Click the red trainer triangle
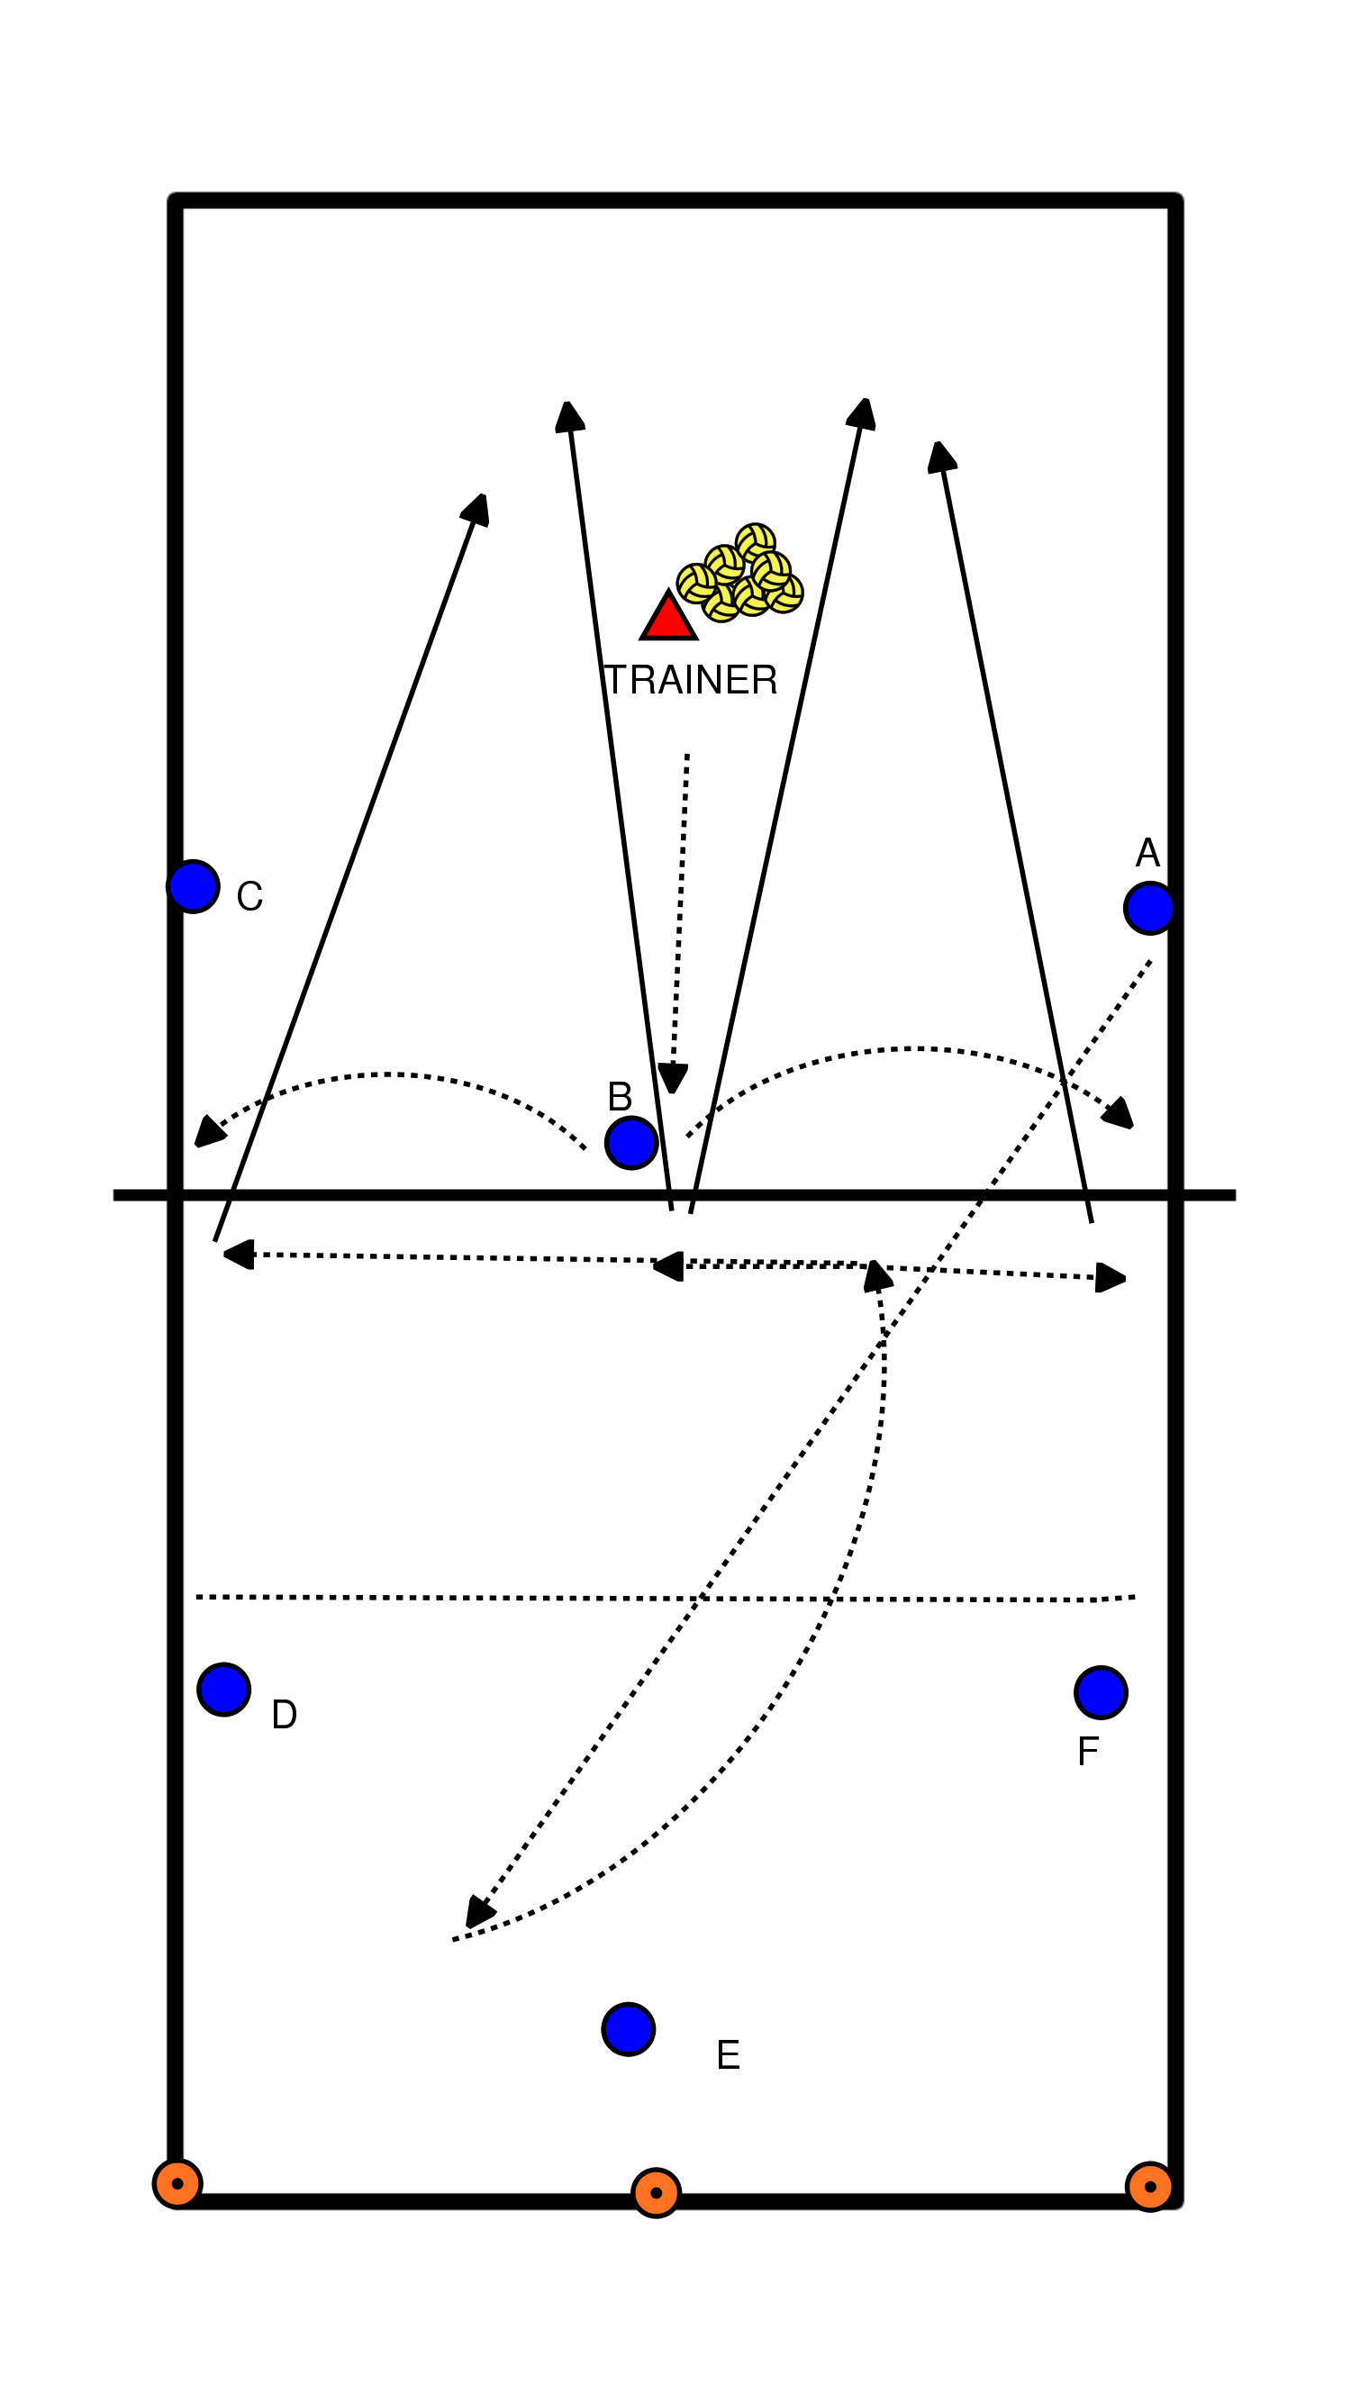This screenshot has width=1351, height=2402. (668, 618)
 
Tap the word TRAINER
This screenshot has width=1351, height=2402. (691, 681)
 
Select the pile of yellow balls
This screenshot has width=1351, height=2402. (741, 574)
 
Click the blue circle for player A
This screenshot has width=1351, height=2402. (1148, 908)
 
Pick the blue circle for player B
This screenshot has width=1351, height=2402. (631, 1142)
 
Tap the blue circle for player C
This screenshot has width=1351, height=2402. (194, 886)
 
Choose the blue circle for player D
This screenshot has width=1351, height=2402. (223, 1689)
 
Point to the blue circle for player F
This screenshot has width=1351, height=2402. (1101, 1692)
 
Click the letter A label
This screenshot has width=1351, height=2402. (1147, 852)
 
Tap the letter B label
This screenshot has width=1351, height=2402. (620, 1097)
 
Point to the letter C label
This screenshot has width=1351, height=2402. (249, 897)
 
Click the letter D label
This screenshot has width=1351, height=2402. (285, 1715)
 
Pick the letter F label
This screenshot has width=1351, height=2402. (1087, 1752)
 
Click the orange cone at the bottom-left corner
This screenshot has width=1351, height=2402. (177, 2184)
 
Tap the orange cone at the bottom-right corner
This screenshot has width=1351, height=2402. (1149, 2187)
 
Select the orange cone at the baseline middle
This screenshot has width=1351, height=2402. (657, 2193)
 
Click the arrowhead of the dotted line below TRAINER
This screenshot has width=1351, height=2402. (672, 1080)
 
